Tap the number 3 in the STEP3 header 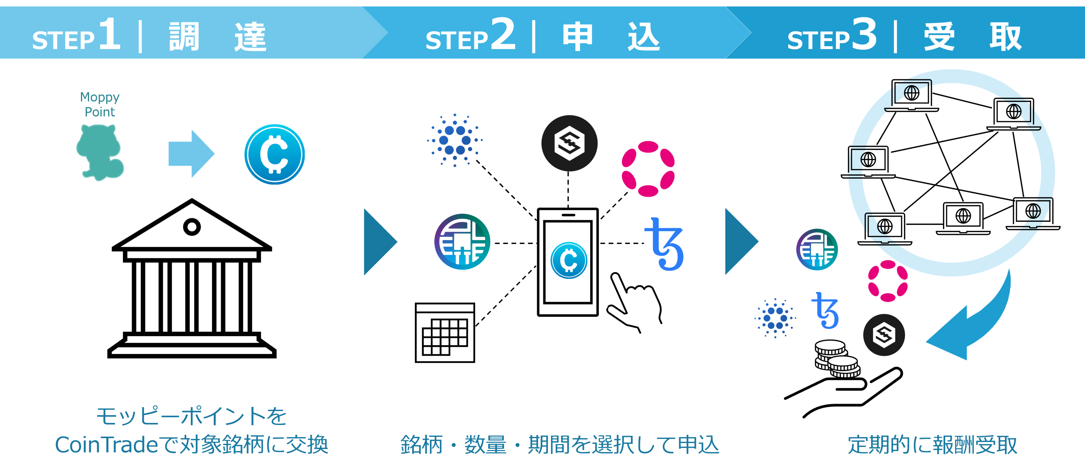click(x=864, y=34)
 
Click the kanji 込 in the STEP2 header click(x=643, y=37)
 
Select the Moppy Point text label click(x=100, y=104)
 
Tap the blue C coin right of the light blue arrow click(x=274, y=154)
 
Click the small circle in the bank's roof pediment click(x=192, y=227)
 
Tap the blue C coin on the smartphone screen click(x=569, y=260)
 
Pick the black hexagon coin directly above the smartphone click(x=569, y=143)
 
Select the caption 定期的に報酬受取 click(x=932, y=445)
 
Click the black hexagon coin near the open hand click(x=884, y=335)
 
